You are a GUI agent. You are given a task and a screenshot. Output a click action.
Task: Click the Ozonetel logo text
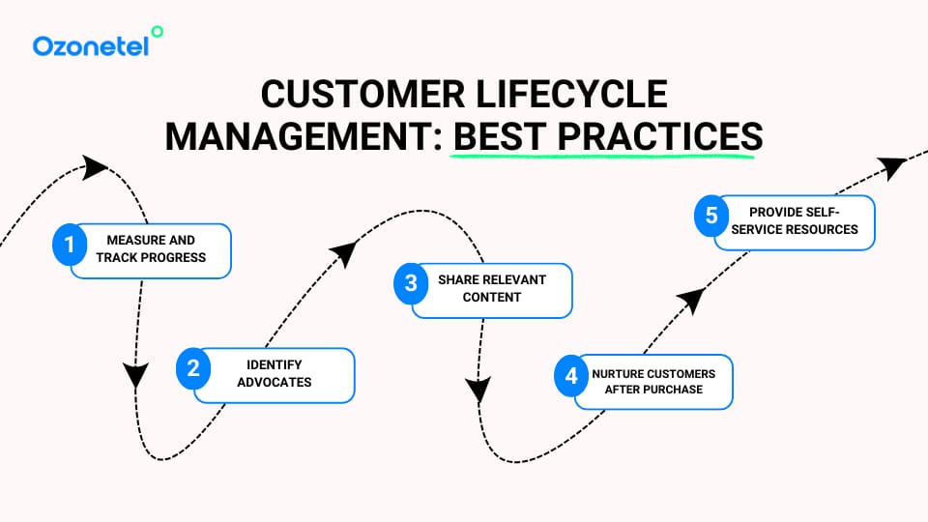pyautogui.click(x=90, y=45)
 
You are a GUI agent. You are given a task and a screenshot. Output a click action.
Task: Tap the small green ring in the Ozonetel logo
pyautogui.click(x=158, y=32)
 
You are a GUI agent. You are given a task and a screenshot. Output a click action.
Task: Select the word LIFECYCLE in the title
pyautogui.click(x=573, y=96)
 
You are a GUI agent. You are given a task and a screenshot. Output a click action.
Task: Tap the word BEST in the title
pyautogui.click(x=499, y=136)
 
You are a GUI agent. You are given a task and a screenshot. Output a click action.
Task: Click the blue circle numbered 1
pyautogui.click(x=69, y=245)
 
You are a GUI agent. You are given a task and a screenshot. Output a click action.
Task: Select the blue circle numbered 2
pyautogui.click(x=193, y=368)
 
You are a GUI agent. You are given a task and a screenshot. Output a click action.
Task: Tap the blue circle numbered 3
pyautogui.click(x=411, y=283)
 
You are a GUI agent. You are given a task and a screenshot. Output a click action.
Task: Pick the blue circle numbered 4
pyautogui.click(x=571, y=375)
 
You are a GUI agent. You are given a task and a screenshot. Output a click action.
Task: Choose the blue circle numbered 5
pyautogui.click(x=711, y=216)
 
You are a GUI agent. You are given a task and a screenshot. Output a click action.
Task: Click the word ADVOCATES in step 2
pyautogui.click(x=275, y=382)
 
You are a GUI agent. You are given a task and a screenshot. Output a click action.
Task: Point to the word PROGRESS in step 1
pyautogui.click(x=171, y=257)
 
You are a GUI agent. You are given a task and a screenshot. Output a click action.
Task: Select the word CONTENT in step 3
pyautogui.click(x=492, y=297)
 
